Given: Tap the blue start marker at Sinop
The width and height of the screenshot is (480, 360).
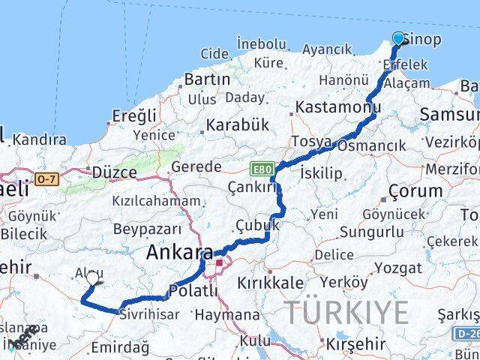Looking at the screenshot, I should [x=398, y=38].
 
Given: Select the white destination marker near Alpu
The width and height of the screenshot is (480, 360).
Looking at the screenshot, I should [x=92, y=277].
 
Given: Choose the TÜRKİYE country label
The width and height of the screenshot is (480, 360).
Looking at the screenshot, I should [x=346, y=312].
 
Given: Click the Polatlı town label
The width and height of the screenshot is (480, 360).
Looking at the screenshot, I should [x=193, y=290].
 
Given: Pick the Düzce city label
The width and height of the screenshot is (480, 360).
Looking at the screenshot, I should [x=114, y=172].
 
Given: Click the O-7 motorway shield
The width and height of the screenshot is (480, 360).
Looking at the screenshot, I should [x=46, y=178].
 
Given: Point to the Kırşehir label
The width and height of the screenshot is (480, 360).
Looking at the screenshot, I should [x=355, y=343].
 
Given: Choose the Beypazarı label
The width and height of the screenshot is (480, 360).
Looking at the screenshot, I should [x=147, y=229].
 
